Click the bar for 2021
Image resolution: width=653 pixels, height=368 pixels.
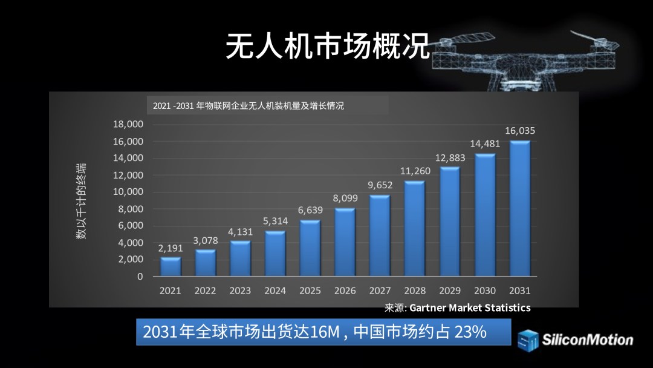(x=171, y=266)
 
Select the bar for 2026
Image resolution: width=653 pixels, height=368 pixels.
(x=345, y=242)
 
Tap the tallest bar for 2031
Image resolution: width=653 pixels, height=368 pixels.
(x=520, y=209)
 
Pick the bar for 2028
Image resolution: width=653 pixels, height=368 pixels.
(x=415, y=229)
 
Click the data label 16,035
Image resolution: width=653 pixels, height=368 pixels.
(x=520, y=130)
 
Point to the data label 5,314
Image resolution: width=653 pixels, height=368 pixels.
(x=275, y=221)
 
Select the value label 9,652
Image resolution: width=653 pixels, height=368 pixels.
(x=380, y=185)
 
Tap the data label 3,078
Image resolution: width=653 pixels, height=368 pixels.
(x=206, y=240)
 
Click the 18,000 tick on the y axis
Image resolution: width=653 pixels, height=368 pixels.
(x=128, y=124)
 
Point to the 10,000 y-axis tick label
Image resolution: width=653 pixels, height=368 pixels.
(x=128, y=192)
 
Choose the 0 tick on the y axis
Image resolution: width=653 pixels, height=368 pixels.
(x=140, y=277)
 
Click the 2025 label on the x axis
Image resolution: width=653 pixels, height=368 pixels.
(x=310, y=291)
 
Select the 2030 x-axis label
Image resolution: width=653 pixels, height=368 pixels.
(x=485, y=291)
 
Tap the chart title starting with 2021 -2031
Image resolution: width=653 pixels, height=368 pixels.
(x=249, y=105)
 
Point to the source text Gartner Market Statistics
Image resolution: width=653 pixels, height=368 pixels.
(x=470, y=307)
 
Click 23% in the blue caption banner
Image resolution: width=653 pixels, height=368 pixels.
(x=470, y=332)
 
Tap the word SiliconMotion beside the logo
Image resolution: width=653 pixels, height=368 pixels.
(x=587, y=340)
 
